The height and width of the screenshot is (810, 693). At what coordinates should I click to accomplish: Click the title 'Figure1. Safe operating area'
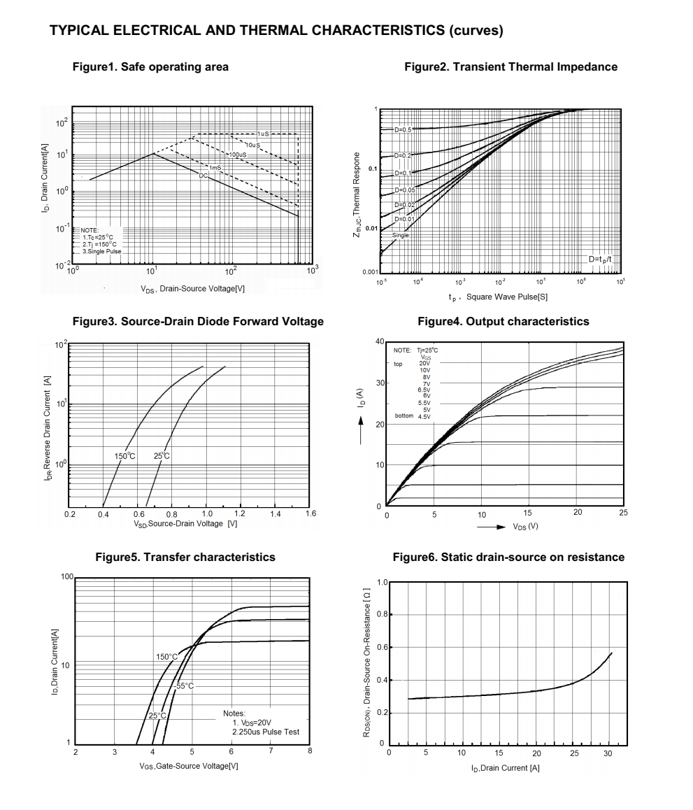[x=150, y=67]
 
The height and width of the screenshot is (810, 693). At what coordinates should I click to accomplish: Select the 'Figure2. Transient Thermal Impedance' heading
[x=510, y=67]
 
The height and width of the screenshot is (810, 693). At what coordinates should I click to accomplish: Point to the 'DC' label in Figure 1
[x=203, y=176]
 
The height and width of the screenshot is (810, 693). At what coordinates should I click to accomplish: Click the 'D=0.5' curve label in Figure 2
[x=403, y=130]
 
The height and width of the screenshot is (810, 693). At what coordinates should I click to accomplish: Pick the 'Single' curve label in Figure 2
[x=400, y=236]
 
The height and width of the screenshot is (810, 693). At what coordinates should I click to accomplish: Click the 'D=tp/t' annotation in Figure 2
[x=601, y=260]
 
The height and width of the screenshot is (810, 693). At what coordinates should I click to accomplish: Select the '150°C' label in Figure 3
[x=124, y=456]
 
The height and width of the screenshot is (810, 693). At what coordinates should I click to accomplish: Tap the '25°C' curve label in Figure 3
[x=162, y=456]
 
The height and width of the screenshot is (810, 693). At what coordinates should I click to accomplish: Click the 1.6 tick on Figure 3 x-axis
[x=311, y=513]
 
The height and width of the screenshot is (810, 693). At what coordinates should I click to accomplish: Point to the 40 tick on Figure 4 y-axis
[x=379, y=341]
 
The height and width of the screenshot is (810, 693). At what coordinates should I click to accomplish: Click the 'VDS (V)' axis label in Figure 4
[x=525, y=527]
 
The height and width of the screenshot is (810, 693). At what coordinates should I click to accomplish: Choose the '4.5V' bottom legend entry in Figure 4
[x=424, y=416]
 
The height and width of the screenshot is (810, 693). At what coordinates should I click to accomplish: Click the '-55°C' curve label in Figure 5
[x=184, y=686]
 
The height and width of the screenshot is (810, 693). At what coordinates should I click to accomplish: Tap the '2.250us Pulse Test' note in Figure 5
[x=266, y=732]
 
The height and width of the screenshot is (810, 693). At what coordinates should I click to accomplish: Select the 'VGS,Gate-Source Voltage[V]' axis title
[x=189, y=766]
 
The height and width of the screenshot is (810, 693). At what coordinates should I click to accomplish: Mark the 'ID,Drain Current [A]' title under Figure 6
[x=505, y=768]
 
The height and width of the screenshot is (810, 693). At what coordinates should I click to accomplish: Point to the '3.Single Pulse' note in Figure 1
[x=101, y=251]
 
